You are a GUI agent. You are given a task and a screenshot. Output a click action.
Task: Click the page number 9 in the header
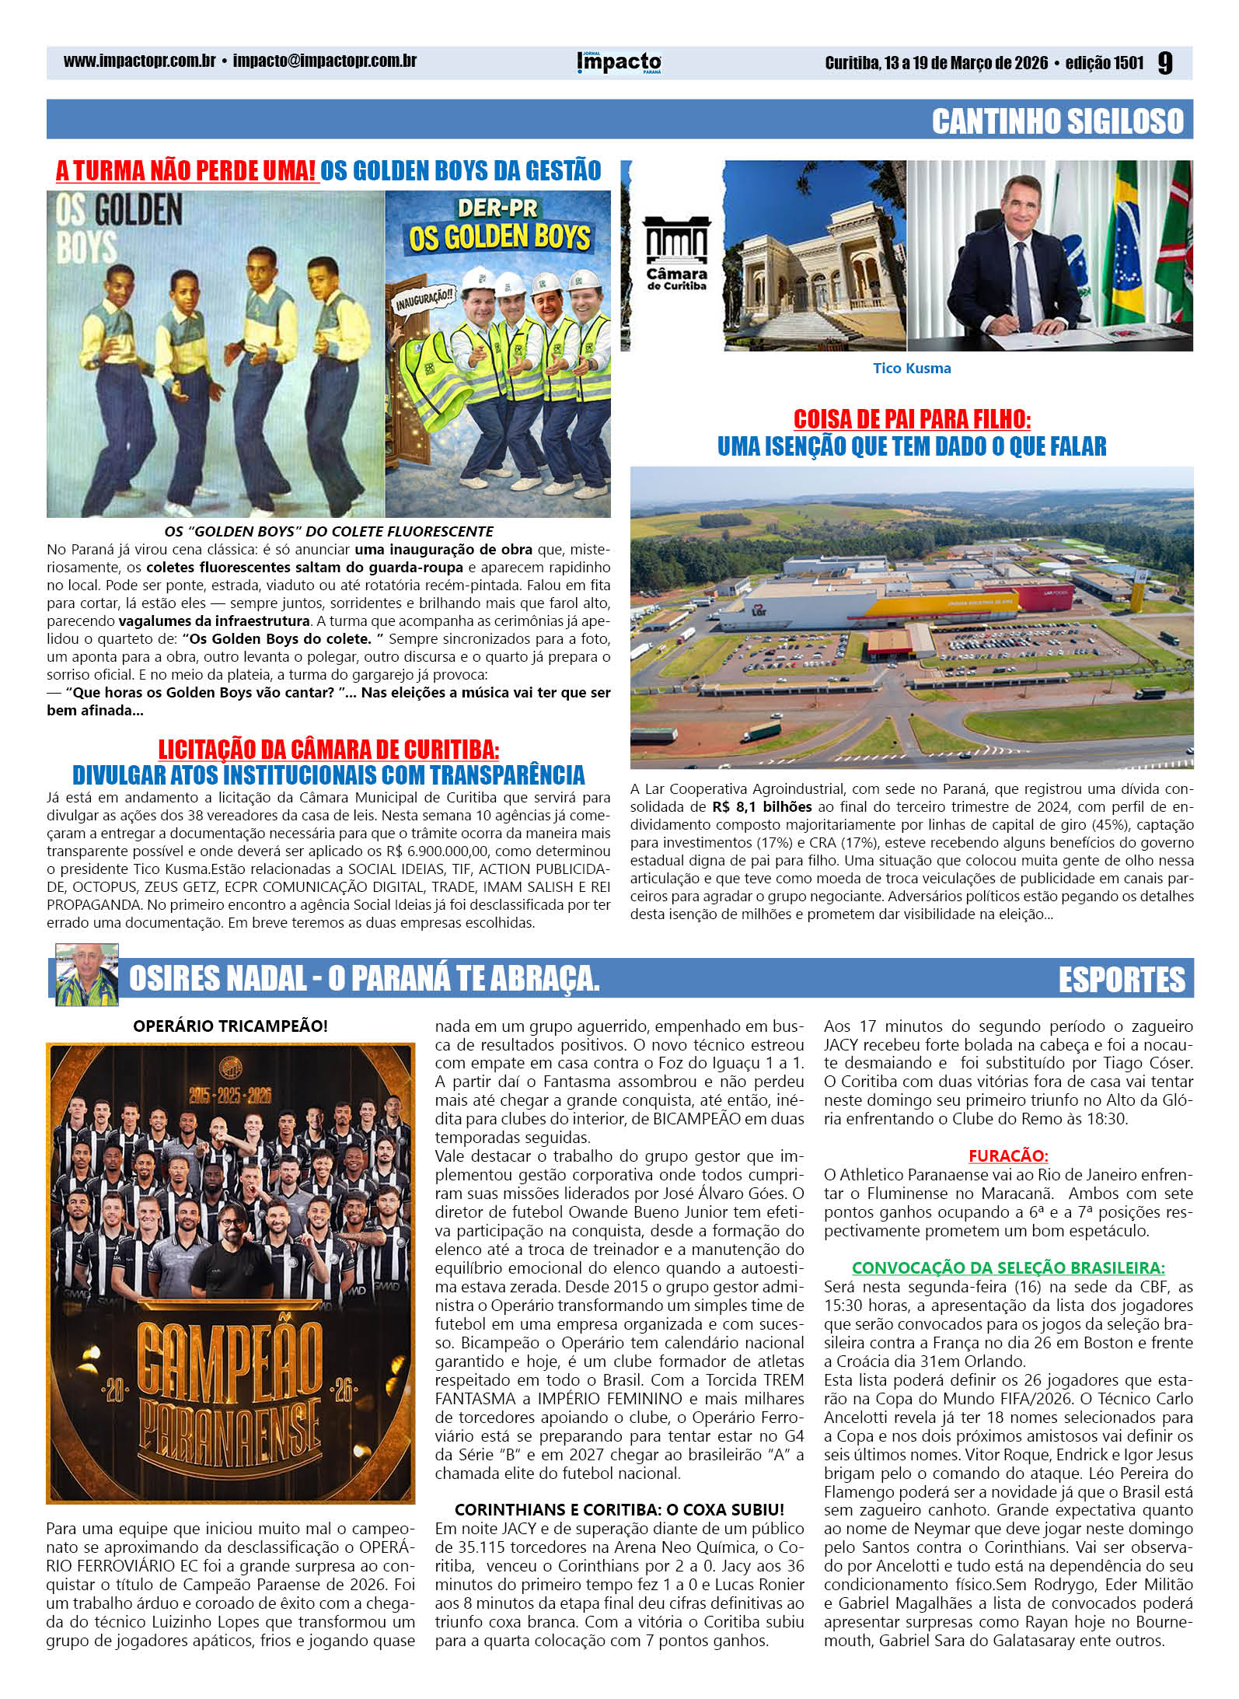1164,63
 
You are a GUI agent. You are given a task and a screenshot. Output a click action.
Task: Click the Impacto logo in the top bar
619,63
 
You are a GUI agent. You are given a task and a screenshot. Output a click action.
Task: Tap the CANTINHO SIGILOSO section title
1057,121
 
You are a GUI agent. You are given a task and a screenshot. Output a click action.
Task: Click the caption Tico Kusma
911,369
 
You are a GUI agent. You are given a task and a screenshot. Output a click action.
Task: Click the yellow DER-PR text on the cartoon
497,208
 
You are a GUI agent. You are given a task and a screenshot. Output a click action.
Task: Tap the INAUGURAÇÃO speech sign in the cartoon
424,300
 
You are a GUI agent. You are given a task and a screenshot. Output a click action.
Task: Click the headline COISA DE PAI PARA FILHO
912,419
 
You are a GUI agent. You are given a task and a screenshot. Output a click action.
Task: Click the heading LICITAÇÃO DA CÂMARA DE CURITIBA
328,750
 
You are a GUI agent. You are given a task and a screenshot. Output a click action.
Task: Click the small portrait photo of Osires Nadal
86,974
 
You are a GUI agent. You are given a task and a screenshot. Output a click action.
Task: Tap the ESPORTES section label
1121,979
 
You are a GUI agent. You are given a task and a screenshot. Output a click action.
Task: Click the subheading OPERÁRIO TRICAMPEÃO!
230,1026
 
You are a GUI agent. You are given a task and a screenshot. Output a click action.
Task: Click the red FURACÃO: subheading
1007,1155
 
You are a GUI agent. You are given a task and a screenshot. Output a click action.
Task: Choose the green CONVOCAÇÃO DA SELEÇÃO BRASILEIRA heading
1007,1267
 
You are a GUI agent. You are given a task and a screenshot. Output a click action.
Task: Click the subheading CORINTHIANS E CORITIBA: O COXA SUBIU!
619,1509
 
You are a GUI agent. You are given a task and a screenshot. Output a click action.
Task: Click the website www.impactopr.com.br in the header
139,61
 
